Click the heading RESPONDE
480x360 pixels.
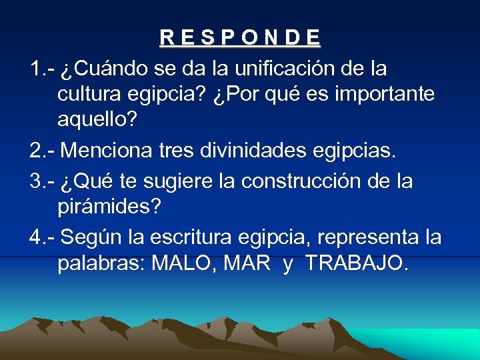(x=240, y=37)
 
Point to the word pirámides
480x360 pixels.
(x=109, y=207)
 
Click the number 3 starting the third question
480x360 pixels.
(x=35, y=181)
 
